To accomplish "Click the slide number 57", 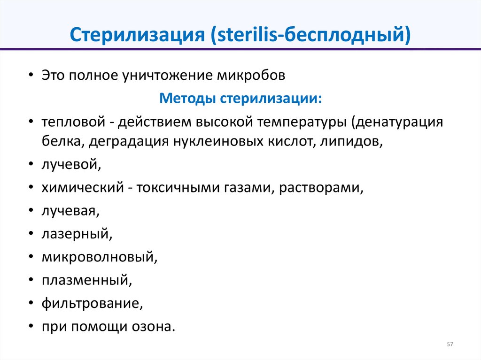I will [450, 345].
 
